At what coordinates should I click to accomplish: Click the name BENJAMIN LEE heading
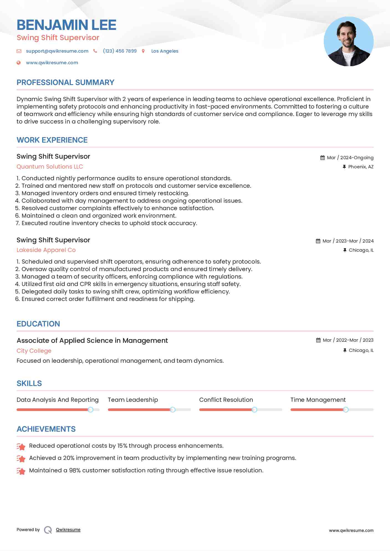click(x=67, y=25)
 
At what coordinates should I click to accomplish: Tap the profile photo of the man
click(x=348, y=42)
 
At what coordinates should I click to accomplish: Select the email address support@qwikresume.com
click(x=57, y=51)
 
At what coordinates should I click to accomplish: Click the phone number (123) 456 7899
click(x=120, y=51)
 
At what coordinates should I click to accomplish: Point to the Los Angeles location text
click(x=165, y=51)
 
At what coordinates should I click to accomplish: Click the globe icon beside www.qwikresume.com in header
click(x=19, y=63)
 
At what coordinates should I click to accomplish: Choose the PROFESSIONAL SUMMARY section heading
click(x=65, y=83)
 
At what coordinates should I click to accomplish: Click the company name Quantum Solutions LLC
click(x=50, y=167)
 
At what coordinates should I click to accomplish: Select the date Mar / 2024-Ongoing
click(x=350, y=158)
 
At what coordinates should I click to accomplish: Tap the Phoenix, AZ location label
click(x=361, y=167)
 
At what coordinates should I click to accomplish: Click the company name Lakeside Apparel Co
click(x=46, y=250)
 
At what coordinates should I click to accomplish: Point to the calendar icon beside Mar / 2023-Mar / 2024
click(x=318, y=241)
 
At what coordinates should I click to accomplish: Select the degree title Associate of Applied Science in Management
click(x=92, y=341)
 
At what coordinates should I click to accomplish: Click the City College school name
click(x=34, y=351)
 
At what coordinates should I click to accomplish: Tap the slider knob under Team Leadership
click(x=173, y=410)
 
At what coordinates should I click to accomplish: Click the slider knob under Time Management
click(x=346, y=410)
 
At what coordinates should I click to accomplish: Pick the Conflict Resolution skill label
click(x=226, y=400)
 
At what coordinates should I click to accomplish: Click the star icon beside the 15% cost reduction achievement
click(x=21, y=446)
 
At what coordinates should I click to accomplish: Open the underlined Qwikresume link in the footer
click(x=68, y=530)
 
